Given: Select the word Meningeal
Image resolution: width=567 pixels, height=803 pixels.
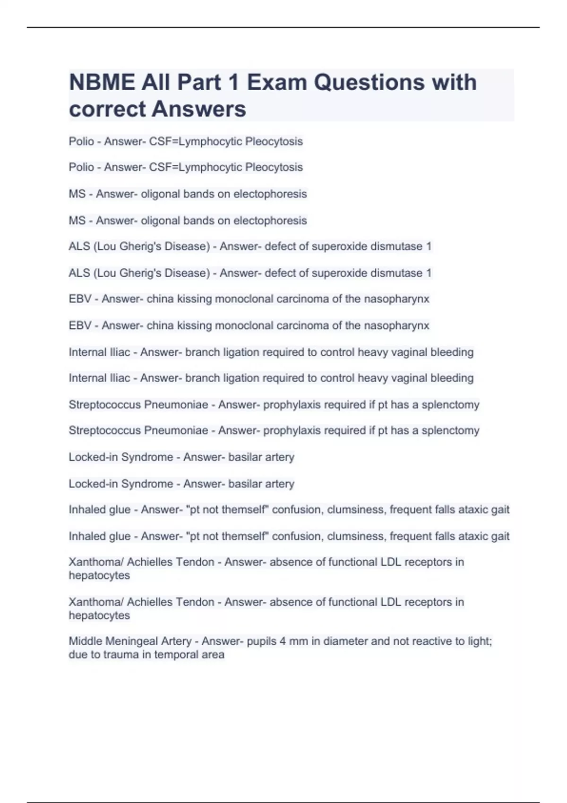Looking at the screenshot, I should (x=129, y=641).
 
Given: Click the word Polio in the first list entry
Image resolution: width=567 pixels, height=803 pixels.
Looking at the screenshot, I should (x=81, y=141).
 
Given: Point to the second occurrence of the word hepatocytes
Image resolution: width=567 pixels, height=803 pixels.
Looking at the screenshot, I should (x=99, y=615).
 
